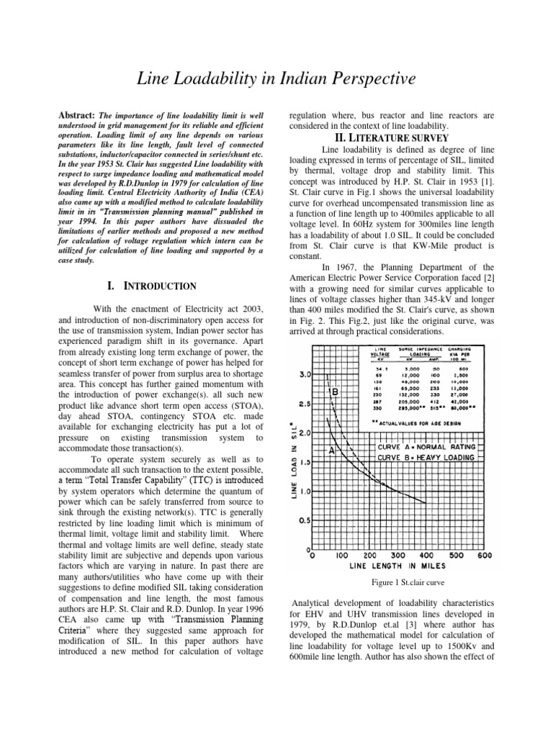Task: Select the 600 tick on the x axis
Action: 485,556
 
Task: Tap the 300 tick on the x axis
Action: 398,556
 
